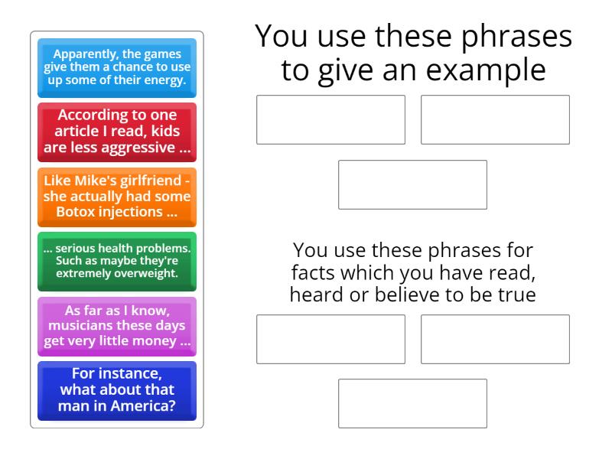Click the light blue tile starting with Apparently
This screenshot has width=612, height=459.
(117, 67)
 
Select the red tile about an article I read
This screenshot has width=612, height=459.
(117, 132)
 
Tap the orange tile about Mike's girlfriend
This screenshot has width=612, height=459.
(117, 197)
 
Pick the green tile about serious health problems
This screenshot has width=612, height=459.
(117, 262)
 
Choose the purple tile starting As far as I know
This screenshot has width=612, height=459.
(117, 327)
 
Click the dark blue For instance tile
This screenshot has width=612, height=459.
(117, 391)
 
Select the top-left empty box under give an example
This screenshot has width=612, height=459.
(330, 119)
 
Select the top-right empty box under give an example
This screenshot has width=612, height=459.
(495, 119)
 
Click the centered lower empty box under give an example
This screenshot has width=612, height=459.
(412, 184)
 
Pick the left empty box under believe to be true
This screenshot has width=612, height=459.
(330, 339)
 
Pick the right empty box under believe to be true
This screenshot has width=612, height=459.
(495, 339)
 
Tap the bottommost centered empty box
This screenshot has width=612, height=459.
(412, 403)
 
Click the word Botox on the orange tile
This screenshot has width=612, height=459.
(82, 213)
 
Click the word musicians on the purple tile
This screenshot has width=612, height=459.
(78, 327)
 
